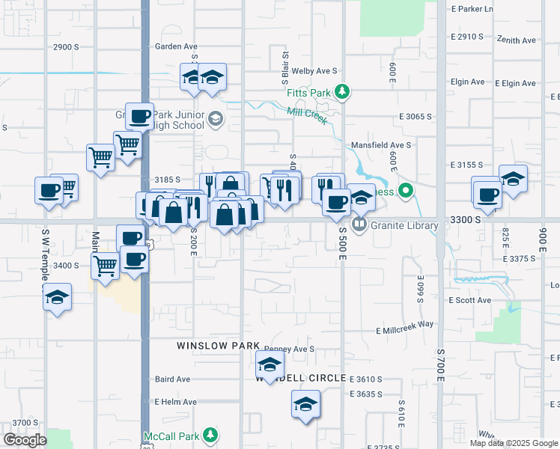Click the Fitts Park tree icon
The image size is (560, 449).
click(x=343, y=92)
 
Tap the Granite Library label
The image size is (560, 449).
click(x=401, y=224)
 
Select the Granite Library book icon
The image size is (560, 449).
click(x=360, y=224)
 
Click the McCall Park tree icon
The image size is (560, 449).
click(x=210, y=435)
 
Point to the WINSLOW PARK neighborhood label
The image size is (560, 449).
click(x=218, y=346)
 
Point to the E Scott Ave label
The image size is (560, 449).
click(x=469, y=300)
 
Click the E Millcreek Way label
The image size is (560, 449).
click(x=405, y=324)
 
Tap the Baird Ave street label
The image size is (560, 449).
click(x=172, y=379)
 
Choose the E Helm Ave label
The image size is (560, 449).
click(x=175, y=402)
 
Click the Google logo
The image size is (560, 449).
click(x=25, y=440)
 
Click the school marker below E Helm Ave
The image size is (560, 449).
click(x=305, y=405)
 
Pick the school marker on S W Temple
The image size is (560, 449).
click(x=57, y=298)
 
